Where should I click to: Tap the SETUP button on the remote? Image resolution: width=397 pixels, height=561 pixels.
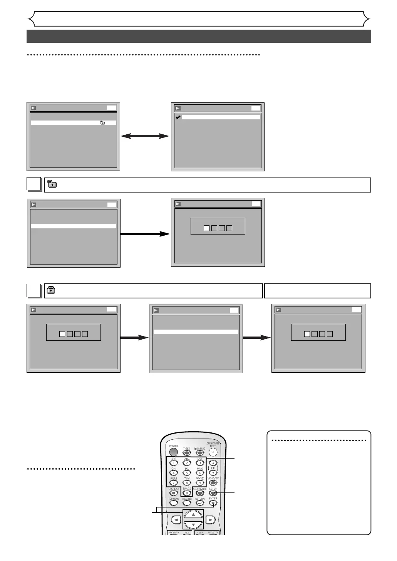[213, 493]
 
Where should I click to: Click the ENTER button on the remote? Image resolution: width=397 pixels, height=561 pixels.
[213, 503]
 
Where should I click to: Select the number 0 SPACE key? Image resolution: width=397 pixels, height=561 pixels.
[187, 493]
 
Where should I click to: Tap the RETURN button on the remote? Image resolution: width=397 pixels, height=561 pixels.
[200, 503]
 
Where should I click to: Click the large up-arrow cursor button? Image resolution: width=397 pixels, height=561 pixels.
[193, 515]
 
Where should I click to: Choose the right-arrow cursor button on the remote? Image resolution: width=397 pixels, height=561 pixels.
[210, 520]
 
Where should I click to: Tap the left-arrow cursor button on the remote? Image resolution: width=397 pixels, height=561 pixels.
[176, 520]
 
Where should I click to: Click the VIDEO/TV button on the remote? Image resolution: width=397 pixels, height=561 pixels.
[213, 483]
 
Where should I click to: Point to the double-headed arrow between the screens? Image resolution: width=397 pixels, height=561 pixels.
[145, 136]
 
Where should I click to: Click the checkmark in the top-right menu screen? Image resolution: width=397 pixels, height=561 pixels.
[178, 117]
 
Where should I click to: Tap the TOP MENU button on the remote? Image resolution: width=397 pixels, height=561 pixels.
[174, 503]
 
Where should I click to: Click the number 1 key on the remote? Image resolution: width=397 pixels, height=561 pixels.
[174, 463]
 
